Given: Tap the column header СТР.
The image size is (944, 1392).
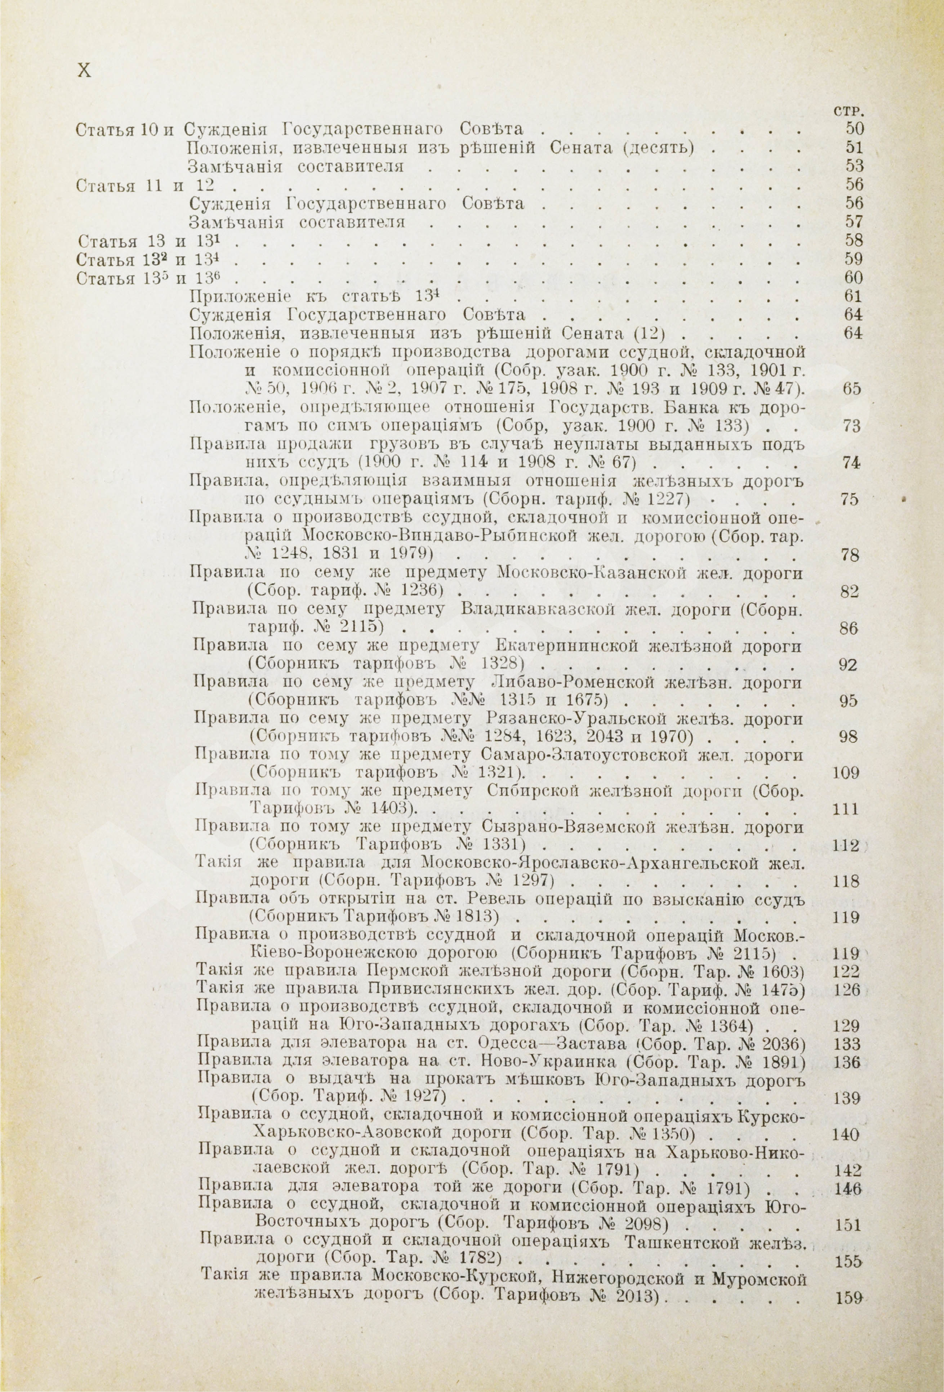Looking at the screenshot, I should click(847, 111).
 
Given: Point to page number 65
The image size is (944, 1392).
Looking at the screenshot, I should click(851, 388).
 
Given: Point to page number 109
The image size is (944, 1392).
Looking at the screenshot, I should click(846, 773).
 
